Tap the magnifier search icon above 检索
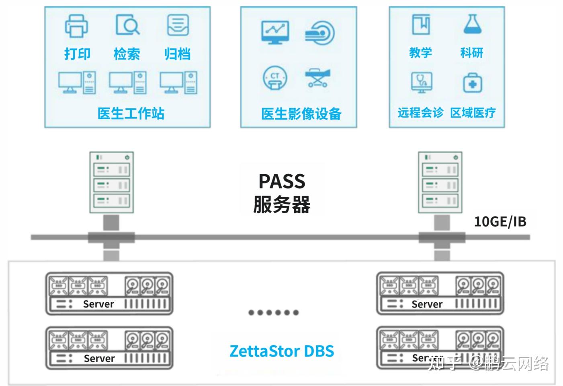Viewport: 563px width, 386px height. [x=127, y=25]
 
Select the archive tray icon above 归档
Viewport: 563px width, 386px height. [x=178, y=25]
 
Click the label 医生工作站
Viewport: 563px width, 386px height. [x=131, y=114]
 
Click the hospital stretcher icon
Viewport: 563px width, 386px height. [x=317, y=77]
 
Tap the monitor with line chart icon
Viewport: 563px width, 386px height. [x=275, y=32]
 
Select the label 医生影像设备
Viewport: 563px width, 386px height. [x=301, y=114]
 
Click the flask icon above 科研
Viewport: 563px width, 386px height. [x=472, y=24]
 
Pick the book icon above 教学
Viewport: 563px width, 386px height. [x=421, y=24]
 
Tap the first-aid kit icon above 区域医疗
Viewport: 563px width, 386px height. [x=472, y=83]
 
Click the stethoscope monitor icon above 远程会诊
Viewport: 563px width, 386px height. [x=422, y=83]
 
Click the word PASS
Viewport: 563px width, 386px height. [x=282, y=181]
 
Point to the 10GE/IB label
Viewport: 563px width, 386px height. [x=500, y=221]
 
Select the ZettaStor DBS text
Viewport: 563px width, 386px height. [x=282, y=351]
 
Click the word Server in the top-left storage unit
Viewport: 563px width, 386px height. [x=98, y=304]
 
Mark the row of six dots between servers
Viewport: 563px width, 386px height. [x=273, y=312]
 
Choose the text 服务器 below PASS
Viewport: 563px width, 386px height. [x=282, y=204]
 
